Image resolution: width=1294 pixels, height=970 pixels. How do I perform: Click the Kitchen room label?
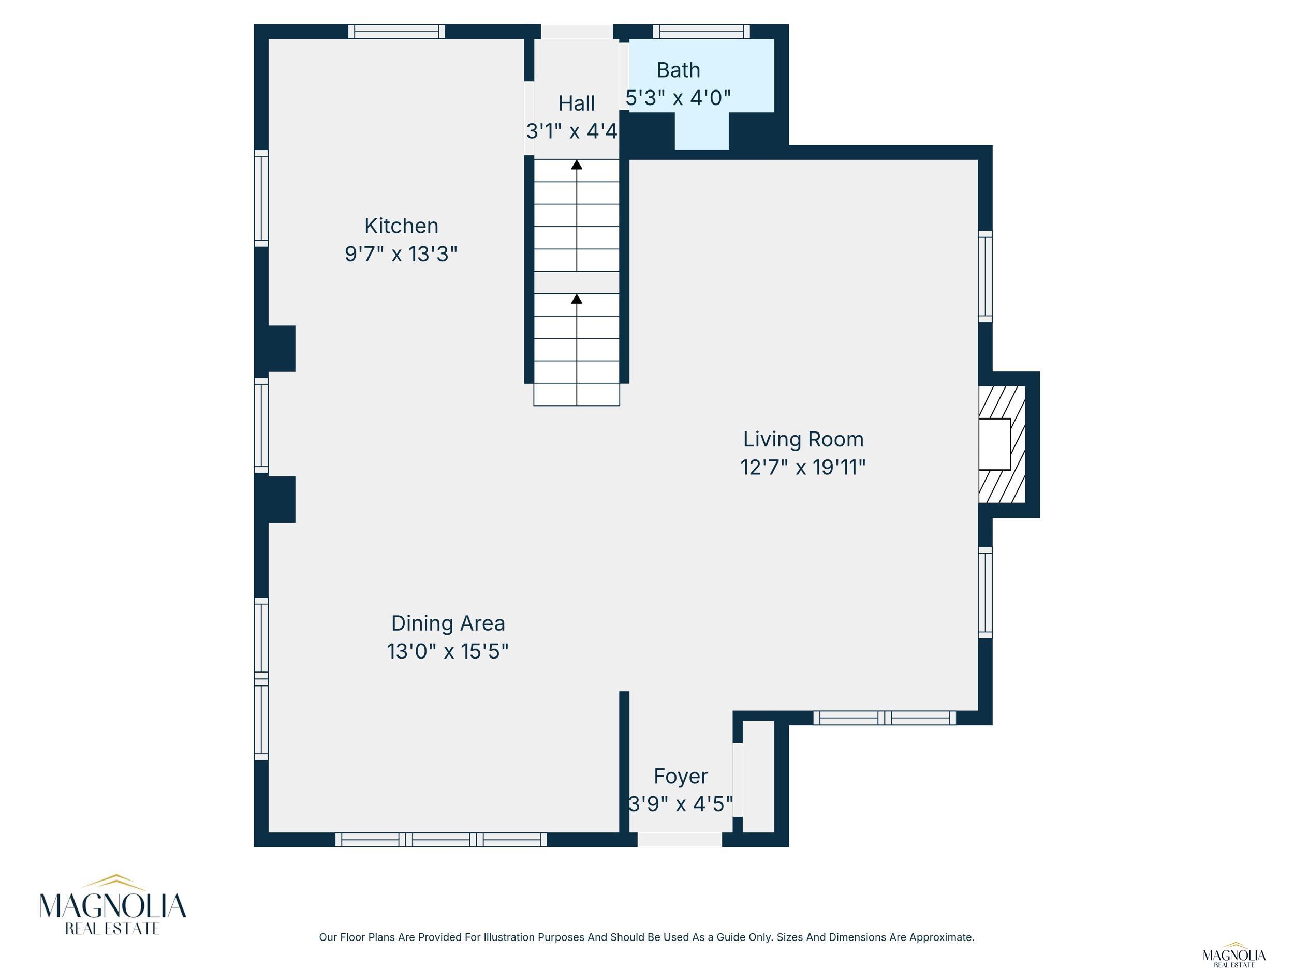(401, 226)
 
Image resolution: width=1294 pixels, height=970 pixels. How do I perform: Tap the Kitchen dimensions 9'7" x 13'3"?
(401, 254)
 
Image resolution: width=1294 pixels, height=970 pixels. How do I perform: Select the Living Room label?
(803, 439)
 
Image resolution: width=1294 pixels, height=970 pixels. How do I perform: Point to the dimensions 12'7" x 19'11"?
(803, 467)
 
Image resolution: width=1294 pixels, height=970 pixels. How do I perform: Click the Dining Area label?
(448, 623)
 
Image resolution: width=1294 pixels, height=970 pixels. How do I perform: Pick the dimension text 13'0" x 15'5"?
(448, 651)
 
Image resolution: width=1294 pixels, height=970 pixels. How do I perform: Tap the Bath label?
(679, 70)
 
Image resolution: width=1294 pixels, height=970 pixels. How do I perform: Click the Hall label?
(577, 103)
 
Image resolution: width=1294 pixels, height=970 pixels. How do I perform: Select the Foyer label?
(681, 776)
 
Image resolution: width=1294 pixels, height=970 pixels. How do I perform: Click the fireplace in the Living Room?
(1002, 444)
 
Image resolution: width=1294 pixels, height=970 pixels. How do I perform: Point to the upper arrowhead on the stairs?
(577, 165)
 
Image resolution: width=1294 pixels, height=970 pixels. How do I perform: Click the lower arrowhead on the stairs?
(577, 299)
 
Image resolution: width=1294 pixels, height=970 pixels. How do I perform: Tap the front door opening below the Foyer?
(679, 840)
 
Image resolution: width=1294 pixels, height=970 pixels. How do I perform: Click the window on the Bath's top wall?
(701, 32)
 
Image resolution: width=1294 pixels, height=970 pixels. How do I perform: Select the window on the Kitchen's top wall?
(396, 32)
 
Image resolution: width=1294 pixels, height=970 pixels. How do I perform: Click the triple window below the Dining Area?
(441, 840)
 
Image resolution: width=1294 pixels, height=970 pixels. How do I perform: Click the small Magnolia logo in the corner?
(1234, 955)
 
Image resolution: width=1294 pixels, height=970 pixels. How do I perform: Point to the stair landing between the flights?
(577, 282)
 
